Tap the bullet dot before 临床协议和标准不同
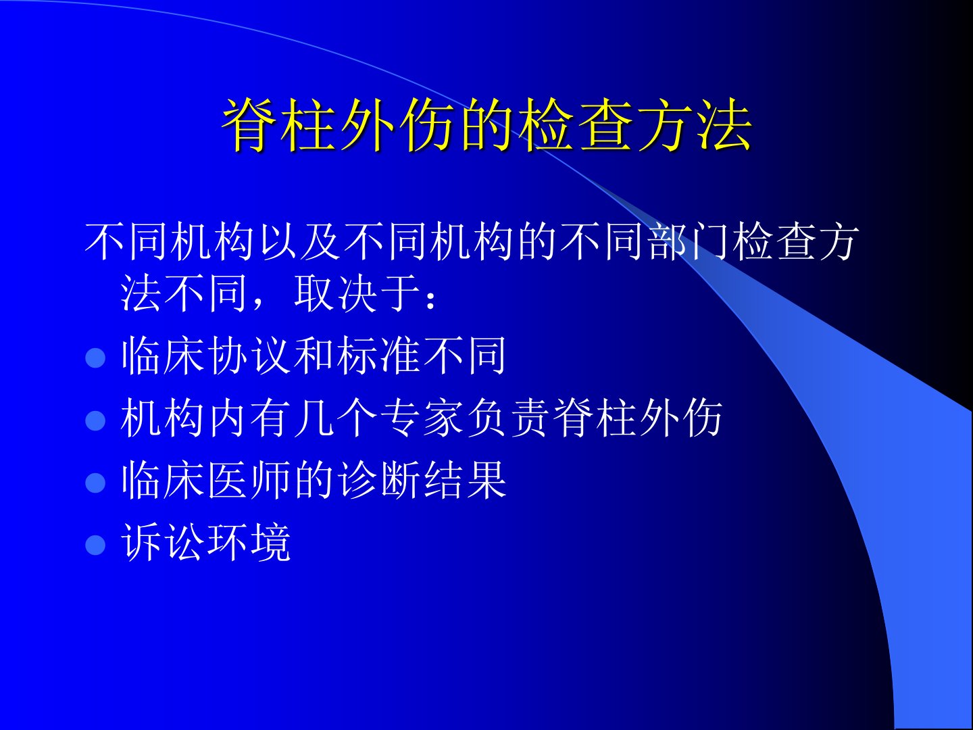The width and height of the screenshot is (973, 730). pos(95,358)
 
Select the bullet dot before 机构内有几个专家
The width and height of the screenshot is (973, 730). pos(95,420)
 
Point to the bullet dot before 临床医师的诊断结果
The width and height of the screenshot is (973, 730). pos(95,482)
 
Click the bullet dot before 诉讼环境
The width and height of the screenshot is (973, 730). pos(95,544)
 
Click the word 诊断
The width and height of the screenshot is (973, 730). pos(379,480)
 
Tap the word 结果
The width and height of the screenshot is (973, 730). pos(466,480)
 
